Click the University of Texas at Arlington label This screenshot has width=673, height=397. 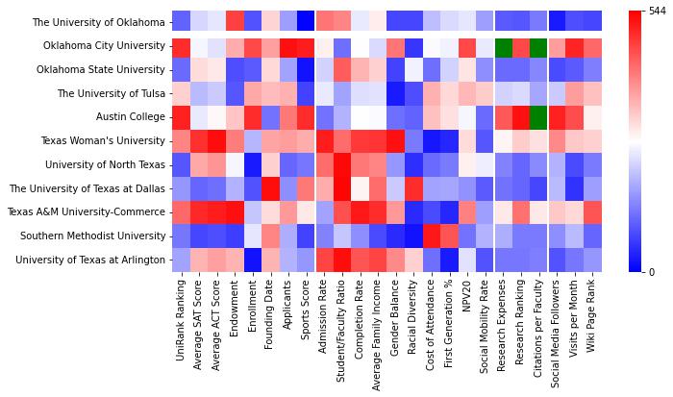(95, 260)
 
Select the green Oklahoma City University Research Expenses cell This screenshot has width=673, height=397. (503, 46)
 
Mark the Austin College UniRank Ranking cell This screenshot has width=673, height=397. (181, 117)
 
